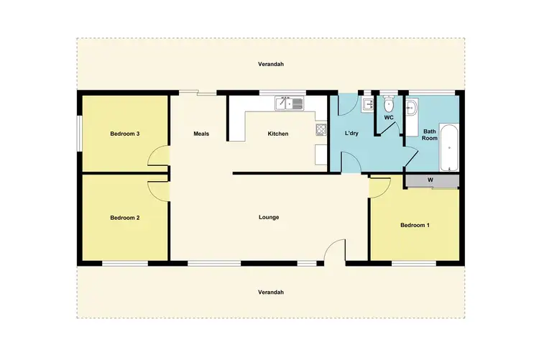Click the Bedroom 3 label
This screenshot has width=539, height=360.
124,134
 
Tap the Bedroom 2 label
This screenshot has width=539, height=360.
124,217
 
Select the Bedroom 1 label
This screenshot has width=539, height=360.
415,226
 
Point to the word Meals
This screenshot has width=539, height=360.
201,134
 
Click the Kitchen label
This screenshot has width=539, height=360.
278,134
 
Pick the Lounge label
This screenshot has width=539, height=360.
269,217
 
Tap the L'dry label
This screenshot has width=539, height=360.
352,134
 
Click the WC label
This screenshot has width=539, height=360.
389,117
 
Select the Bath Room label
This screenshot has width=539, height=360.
430,135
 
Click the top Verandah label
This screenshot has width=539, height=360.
271,64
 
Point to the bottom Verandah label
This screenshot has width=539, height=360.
271,292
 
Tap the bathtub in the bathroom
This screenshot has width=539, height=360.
448,147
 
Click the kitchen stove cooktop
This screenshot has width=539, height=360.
321,130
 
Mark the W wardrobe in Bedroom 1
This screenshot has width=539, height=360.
430,180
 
